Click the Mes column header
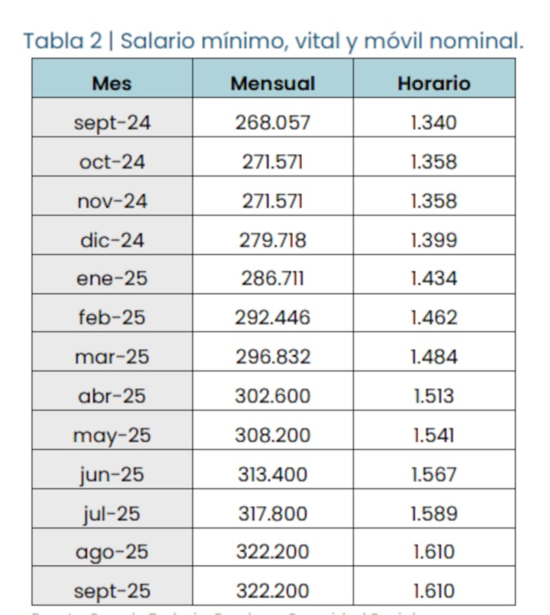pyautogui.click(x=111, y=83)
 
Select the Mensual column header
pyautogui.click(x=272, y=83)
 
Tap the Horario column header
pyautogui.click(x=434, y=83)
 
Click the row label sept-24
pyautogui.click(x=112, y=122)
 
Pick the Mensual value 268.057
pyautogui.click(x=272, y=122)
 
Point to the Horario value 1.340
pyautogui.click(x=433, y=122)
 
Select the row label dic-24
pyautogui.click(x=112, y=240)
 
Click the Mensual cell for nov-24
pyautogui.click(x=272, y=201)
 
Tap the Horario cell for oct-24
pyautogui.click(x=433, y=161)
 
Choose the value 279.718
pyautogui.click(x=272, y=240)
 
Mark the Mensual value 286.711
pyautogui.click(x=272, y=278)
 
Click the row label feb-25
pyautogui.click(x=112, y=317)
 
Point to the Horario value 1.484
pyautogui.click(x=433, y=357)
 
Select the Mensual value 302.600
pyautogui.click(x=272, y=396)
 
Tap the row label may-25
pyautogui.click(x=112, y=436)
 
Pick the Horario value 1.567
pyautogui.click(x=433, y=474)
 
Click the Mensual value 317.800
pyautogui.click(x=272, y=513)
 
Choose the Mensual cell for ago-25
pyautogui.click(x=272, y=552)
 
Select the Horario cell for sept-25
pyautogui.click(x=433, y=591)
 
